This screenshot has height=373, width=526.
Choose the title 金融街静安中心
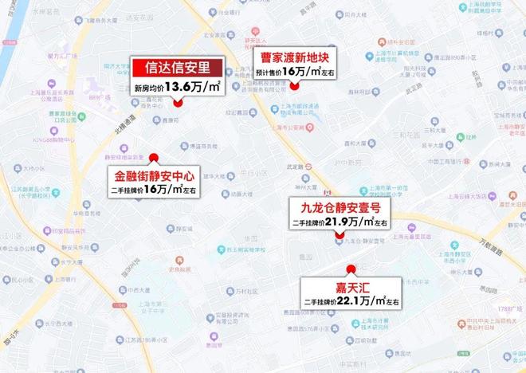tap(154, 175)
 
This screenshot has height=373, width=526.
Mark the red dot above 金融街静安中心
tap(154, 157)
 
